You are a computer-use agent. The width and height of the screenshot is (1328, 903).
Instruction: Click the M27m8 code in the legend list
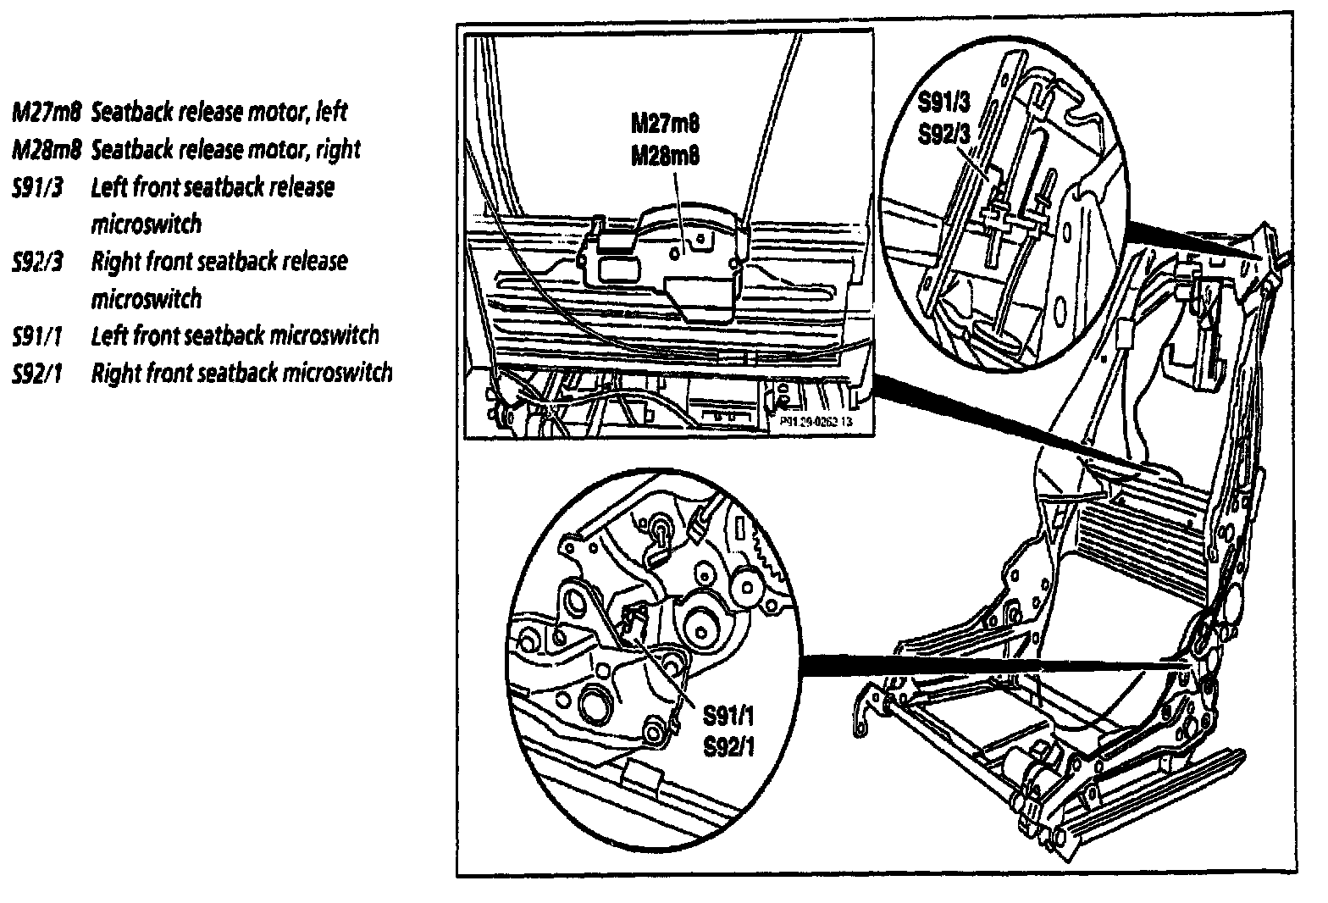coord(46,112)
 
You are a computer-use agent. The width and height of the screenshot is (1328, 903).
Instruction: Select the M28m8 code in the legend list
coord(46,150)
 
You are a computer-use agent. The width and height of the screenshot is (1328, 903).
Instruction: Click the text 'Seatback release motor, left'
coord(219,112)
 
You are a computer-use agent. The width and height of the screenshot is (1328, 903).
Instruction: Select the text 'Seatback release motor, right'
coord(225,150)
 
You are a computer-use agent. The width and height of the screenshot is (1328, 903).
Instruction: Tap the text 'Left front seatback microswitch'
coord(235,336)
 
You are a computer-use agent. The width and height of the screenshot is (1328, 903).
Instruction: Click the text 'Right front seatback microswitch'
coord(241,374)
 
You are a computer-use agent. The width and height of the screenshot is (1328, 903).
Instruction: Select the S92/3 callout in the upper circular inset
coord(945,136)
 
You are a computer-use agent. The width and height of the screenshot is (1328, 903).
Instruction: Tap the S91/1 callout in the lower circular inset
coord(728,718)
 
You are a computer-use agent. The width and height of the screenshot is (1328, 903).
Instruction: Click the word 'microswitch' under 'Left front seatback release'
coord(146,224)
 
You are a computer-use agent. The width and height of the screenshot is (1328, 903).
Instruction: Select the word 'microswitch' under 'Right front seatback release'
coord(146,299)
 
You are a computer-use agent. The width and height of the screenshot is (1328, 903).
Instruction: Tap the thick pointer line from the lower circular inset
coord(974,663)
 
